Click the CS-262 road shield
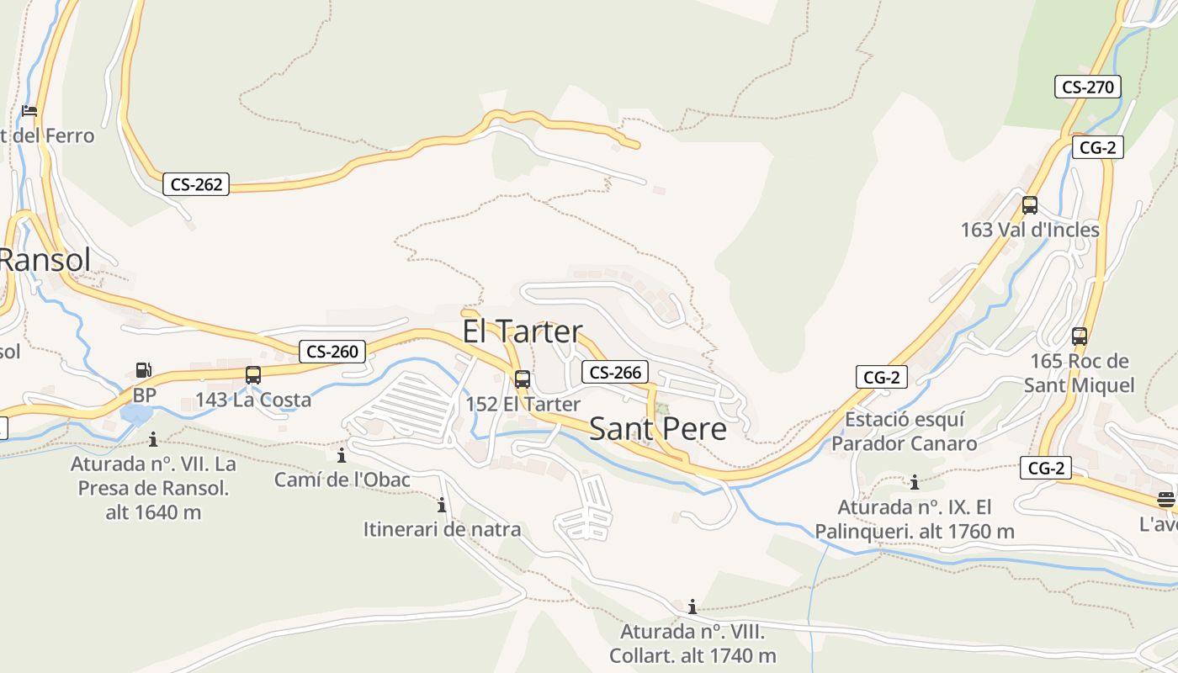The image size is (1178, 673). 196,184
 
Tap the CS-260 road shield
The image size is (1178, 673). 332,352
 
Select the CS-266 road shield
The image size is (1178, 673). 615,372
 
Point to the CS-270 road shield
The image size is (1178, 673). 1087,86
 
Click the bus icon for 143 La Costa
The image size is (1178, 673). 252,375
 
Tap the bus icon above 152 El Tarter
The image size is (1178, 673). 523,379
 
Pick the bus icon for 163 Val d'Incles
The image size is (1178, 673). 1029,204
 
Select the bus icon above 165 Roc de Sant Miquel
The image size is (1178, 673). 1080,336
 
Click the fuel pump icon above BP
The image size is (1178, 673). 144,370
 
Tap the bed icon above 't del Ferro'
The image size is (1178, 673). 29,111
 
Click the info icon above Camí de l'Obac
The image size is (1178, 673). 342,456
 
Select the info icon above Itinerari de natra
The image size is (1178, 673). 442,506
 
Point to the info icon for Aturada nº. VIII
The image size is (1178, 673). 692,607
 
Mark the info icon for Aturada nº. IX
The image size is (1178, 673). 915,483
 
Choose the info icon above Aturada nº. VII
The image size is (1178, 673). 153,439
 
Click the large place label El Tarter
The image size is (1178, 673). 522,331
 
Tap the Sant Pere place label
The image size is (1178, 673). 657,429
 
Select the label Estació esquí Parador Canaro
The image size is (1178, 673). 905,432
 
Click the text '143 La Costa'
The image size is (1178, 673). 253,400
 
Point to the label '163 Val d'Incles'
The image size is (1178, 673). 1030,230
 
